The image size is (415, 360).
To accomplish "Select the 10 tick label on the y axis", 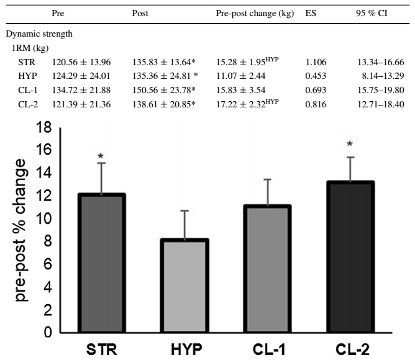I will click(x=43, y=219).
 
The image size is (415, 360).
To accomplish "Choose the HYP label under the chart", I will click(x=178, y=349).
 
